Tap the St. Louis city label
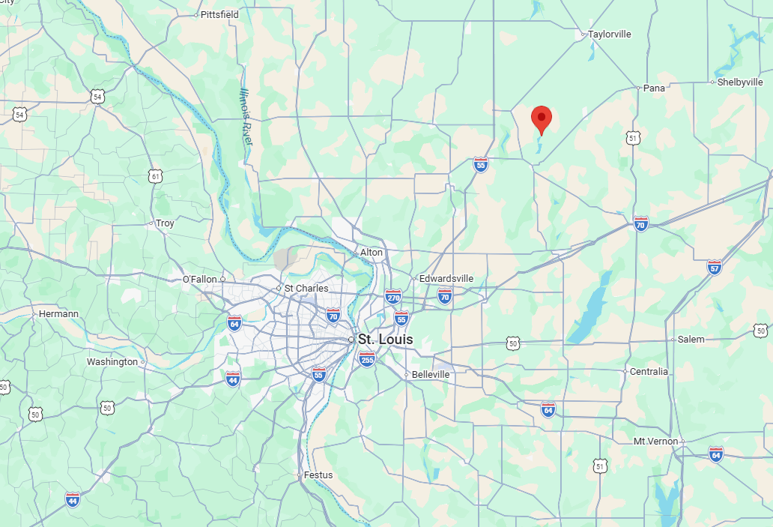[385, 340]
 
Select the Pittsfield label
[219, 14]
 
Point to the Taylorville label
[610, 34]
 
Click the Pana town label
[654, 88]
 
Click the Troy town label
[164, 223]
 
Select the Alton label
[372, 253]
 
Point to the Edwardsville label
[446, 278]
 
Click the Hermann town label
[58, 313]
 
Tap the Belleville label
[431, 374]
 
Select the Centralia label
[649, 371]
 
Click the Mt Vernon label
[655, 441]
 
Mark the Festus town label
[318, 475]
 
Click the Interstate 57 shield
[714, 267]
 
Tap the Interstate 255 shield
[367, 359]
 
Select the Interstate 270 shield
[393, 297]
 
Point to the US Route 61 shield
[155, 176]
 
